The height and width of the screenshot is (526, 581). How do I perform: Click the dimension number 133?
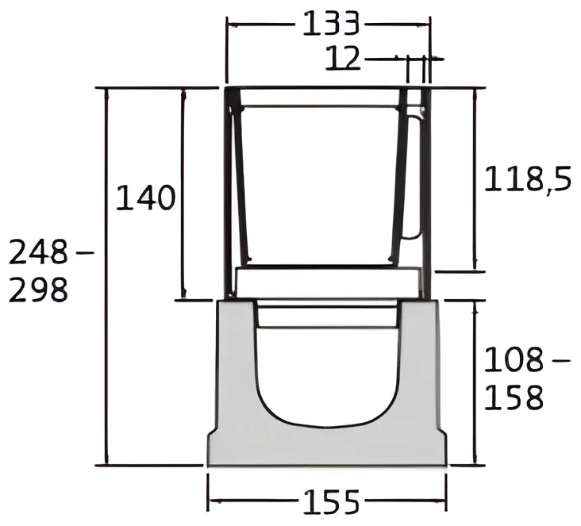point(331,25)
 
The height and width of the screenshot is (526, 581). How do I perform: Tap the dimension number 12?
point(343,58)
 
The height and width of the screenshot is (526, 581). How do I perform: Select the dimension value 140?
point(145,198)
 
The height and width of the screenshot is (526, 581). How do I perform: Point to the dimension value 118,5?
point(528,180)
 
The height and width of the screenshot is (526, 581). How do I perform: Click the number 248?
point(38,251)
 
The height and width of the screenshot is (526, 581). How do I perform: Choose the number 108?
point(514,359)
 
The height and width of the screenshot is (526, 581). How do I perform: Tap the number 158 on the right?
point(514,397)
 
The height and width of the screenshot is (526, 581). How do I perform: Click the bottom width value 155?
point(331,502)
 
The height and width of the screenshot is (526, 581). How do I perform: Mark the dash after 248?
point(85,253)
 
